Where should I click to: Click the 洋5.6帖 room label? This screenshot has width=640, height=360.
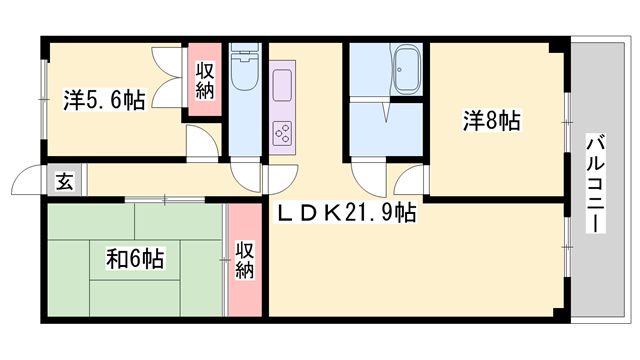(105, 99)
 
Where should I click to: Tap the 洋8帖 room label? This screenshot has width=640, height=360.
(491, 122)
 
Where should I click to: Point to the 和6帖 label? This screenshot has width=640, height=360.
(136, 258)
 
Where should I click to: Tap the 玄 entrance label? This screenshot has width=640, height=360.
(64, 181)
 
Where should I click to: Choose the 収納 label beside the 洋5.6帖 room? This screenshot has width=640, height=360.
(204, 81)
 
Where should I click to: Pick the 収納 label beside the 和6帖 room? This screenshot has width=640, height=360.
(245, 260)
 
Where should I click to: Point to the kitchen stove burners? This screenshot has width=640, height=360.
(281, 131)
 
